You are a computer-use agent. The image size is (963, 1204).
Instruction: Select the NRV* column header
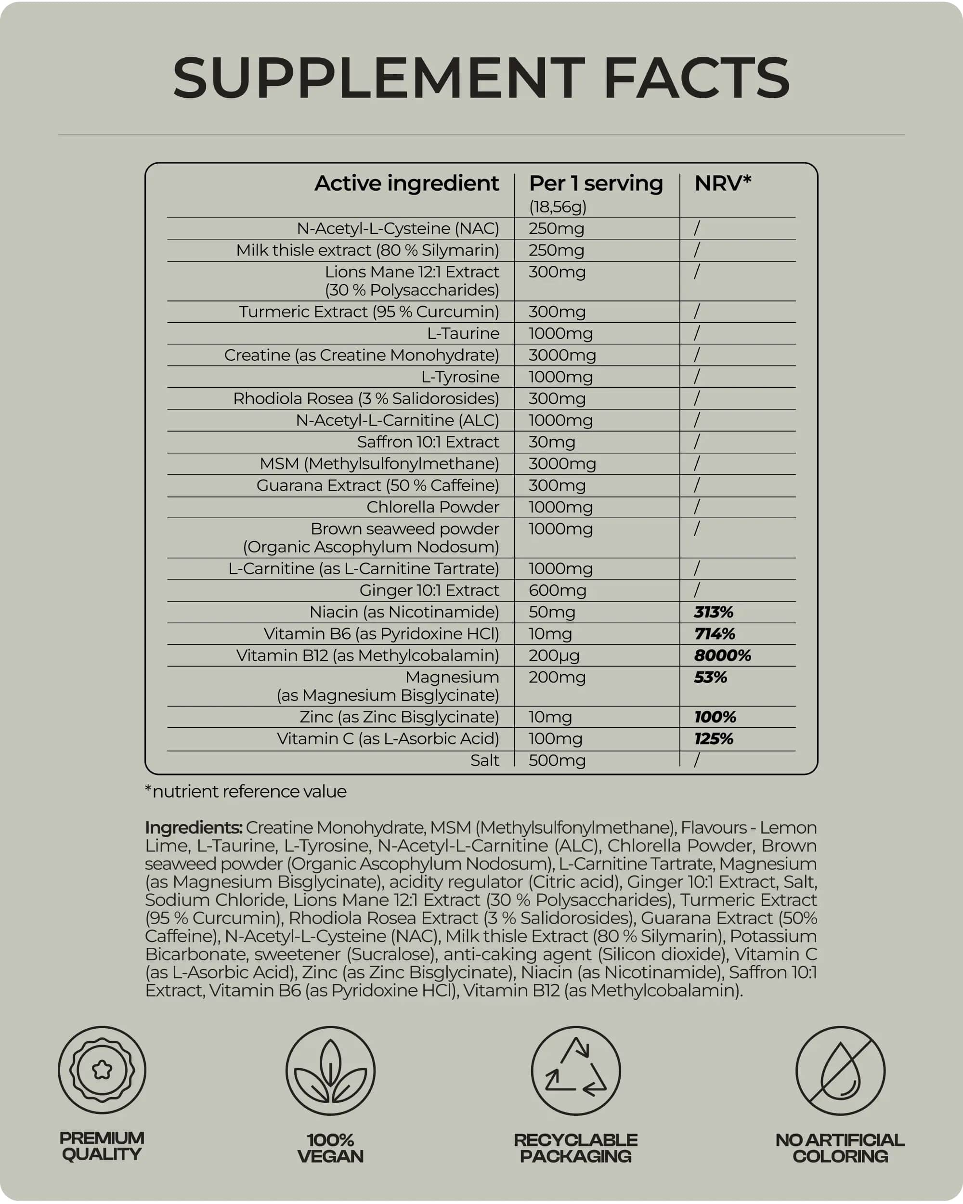(x=722, y=183)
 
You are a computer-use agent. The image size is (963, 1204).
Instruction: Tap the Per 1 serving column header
(x=595, y=183)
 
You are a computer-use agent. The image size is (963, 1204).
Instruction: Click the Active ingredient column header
(x=406, y=183)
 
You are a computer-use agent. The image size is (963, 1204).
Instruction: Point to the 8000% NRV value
(x=722, y=655)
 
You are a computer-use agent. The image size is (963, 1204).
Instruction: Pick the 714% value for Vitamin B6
(x=714, y=633)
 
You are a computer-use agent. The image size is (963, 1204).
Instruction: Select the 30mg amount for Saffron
(x=552, y=442)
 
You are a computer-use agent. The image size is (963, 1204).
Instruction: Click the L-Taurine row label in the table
(x=463, y=333)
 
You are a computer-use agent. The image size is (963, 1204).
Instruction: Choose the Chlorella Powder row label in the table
(x=433, y=507)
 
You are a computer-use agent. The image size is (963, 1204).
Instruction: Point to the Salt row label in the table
(x=484, y=760)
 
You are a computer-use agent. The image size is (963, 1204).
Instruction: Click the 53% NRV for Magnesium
(x=710, y=677)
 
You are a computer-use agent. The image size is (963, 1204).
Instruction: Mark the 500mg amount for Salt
(x=557, y=760)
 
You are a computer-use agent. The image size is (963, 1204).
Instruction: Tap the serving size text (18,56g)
(x=557, y=207)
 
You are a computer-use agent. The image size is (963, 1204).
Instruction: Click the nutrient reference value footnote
(x=246, y=791)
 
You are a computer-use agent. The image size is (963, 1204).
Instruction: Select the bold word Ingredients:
(x=193, y=827)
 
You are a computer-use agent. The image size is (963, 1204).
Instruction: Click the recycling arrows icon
(x=575, y=1070)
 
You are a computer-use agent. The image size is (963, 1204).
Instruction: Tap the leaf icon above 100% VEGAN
(x=330, y=1070)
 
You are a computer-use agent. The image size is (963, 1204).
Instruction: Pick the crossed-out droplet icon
(x=840, y=1070)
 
